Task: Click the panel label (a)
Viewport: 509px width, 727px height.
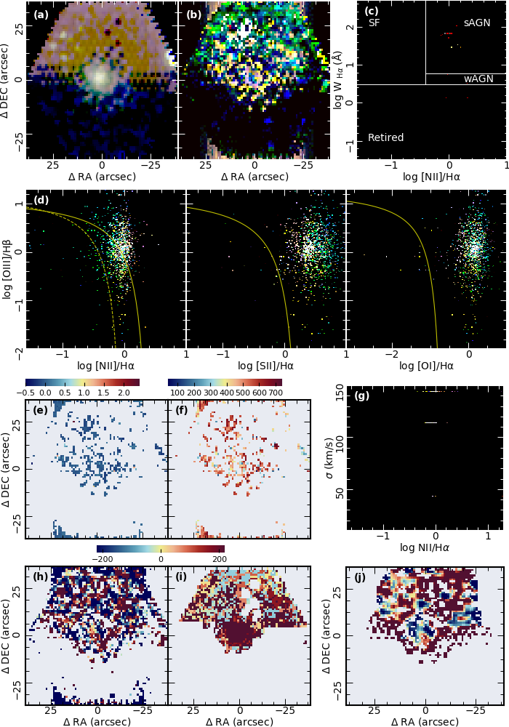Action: pyautogui.click(x=42, y=14)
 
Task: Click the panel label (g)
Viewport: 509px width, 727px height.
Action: pyautogui.click(x=362, y=396)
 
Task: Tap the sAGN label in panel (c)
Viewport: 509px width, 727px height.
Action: pyautogui.click(x=477, y=23)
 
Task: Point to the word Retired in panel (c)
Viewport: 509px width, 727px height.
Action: pyautogui.click(x=385, y=137)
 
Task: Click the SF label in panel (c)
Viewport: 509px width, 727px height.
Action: pyautogui.click(x=374, y=23)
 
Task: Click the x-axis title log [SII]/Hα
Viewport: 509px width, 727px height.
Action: pyautogui.click(x=266, y=366)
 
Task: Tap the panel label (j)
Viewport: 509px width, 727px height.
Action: pyautogui.click(x=362, y=578)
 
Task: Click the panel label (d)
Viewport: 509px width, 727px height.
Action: pyautogui.click(x=42, y=200)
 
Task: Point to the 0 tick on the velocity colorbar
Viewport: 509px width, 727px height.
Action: pyautogui.click(x=161, y=558)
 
